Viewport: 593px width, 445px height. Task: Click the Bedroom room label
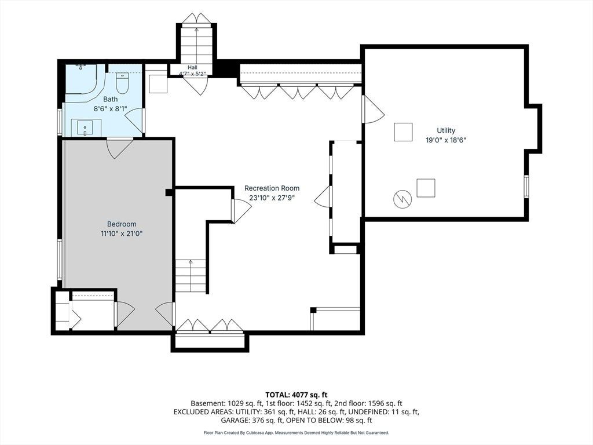122,224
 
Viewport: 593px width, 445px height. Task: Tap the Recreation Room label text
272,188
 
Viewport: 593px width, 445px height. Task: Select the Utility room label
446,130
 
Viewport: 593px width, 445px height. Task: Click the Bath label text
111,99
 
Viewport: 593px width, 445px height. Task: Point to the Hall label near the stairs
192,67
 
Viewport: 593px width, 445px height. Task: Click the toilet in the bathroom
122,83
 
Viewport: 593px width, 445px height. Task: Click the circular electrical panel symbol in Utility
402,199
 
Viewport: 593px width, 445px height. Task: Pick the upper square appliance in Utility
403,132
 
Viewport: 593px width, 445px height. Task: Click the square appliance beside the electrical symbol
426,188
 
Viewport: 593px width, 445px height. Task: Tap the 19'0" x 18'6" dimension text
446,140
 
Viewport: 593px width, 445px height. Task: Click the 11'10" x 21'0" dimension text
122,234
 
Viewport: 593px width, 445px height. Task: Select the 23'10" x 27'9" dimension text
272,198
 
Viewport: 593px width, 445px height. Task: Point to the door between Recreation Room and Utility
372,109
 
